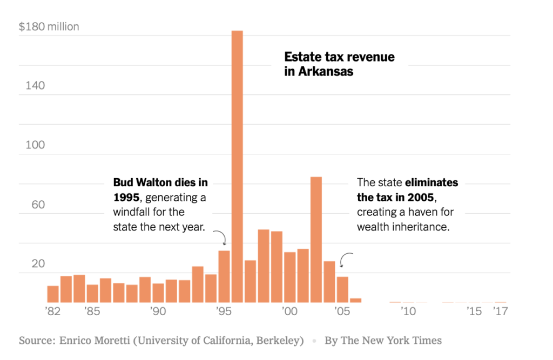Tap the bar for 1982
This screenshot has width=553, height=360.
(x=53, y=294)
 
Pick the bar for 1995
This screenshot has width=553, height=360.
(x=224, y=276)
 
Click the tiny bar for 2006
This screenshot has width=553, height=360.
(x=355, y=300)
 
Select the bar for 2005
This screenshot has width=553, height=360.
(x=342, y=289)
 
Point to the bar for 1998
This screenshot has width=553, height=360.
(x=264, y=266)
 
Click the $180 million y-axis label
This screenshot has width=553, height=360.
(x=49, y=26)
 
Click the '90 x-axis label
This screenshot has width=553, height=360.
(x=158, y=311)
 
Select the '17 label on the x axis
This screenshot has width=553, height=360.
(x=501, y=311)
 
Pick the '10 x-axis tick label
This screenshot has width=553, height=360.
(x=408, y=311)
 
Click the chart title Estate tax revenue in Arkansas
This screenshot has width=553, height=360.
(x=339, y=64)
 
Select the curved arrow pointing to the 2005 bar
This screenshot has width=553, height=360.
(x=346, y=260)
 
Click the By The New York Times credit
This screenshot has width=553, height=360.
(x=383, y=341)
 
